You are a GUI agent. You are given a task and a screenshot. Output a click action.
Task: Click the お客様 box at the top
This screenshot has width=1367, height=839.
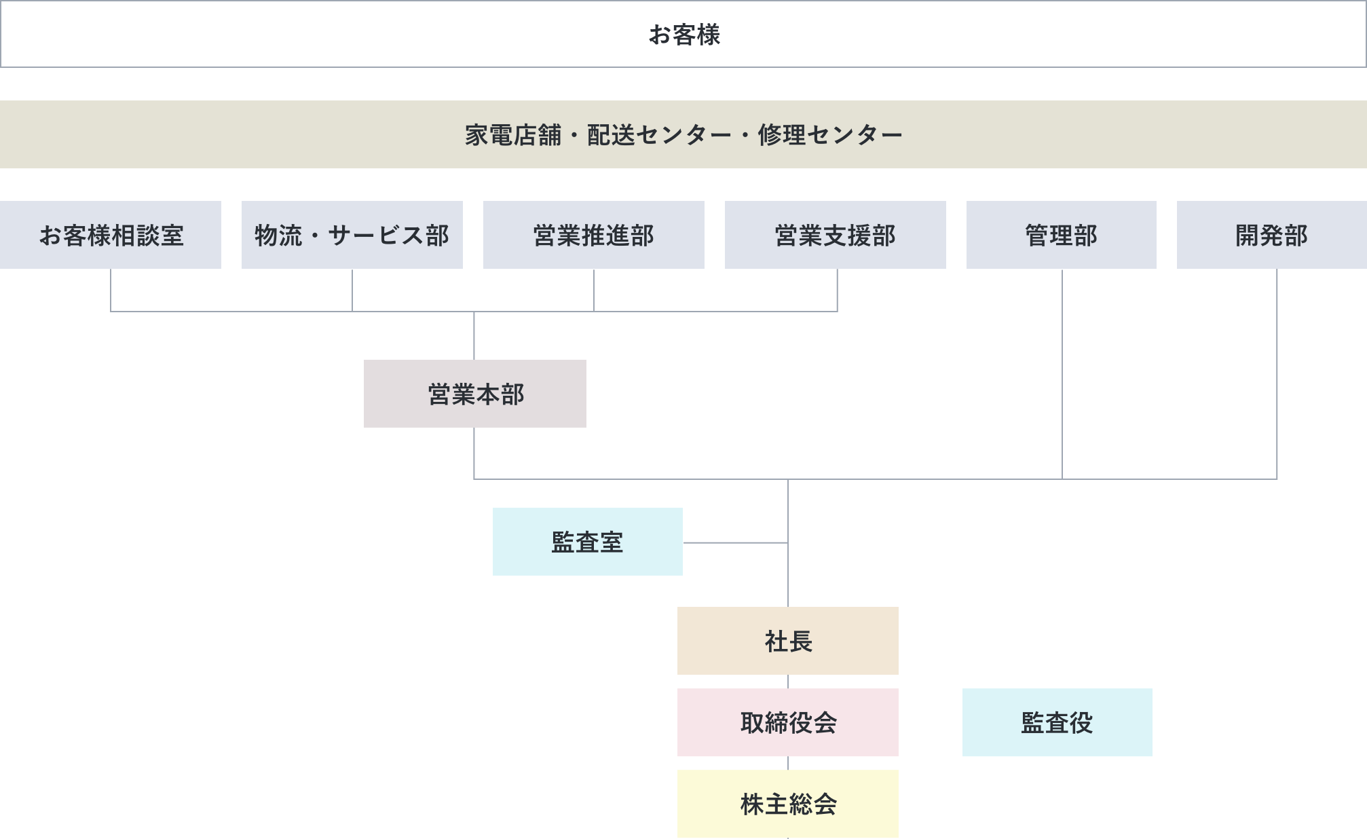(x=683, y=34)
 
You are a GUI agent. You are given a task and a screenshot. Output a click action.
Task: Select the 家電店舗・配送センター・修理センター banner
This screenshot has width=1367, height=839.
(x=683, y=134)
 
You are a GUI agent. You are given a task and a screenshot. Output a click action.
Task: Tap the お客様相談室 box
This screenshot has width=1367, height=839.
(x=111, y=235)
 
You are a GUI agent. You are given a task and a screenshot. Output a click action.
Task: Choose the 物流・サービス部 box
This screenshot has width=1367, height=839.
(x=352, y=235)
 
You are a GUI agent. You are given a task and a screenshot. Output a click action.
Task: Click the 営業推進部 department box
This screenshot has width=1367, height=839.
(x=594, y=235)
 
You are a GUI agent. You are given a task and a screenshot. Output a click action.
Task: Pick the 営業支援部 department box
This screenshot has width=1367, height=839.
(x=836, y=235)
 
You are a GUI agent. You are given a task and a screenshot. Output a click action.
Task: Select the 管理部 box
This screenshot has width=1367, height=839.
(x=1062, y=235)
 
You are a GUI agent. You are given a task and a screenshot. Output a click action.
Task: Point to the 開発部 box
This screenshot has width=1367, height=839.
(x=1272, y=235)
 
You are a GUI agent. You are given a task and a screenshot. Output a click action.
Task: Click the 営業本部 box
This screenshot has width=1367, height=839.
(x=475, y=394)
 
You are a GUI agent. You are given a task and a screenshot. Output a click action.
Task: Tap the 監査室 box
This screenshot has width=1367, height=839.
(x=588, y=542)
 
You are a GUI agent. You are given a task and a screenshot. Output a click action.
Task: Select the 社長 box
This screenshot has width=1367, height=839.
(x=788, y=641)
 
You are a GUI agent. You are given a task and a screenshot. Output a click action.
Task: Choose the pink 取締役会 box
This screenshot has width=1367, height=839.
(x=788, y=722)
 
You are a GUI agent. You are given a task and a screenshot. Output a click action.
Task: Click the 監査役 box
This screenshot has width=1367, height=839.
(x=1057, y=722)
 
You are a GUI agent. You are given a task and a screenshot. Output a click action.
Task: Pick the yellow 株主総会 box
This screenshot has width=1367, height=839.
(x=788, y=804)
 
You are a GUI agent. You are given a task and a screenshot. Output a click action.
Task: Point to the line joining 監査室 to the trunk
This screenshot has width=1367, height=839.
(x=735, y=543)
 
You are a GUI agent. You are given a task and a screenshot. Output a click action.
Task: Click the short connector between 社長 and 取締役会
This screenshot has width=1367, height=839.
(x=788, y=682)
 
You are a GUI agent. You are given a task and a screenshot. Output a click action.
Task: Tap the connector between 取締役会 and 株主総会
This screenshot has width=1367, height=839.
(x=788, y=763)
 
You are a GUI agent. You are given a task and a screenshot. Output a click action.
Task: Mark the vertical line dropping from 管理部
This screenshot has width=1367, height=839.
(x=1062, y=373)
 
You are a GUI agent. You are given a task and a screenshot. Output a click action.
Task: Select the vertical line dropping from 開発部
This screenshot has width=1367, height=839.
(x=1277, y=373)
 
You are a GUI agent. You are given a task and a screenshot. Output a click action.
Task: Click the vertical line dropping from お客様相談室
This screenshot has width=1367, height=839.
(x=111, y=290)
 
